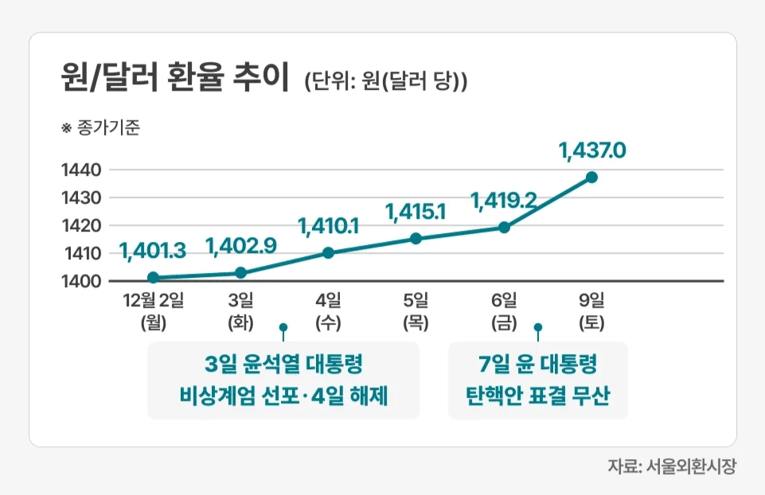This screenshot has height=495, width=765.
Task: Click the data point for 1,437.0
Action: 591,177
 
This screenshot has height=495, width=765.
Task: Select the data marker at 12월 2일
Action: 153,278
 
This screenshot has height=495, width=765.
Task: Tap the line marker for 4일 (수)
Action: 328,253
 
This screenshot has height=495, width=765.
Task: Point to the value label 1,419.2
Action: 503,200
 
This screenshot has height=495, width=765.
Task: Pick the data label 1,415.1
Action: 416,211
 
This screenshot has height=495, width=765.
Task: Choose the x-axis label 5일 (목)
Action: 416,311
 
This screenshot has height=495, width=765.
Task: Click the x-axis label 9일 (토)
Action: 591,311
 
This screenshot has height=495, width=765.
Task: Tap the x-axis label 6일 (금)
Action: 503,311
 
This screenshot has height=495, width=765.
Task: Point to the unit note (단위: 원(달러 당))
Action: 385,81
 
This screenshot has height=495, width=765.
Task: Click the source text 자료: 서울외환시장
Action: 672,466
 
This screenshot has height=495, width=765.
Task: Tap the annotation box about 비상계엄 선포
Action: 283,380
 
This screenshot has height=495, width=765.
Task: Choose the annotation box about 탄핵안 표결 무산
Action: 537,380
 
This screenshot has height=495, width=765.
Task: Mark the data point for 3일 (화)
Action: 241,273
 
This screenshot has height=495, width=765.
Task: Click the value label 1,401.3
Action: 153,251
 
